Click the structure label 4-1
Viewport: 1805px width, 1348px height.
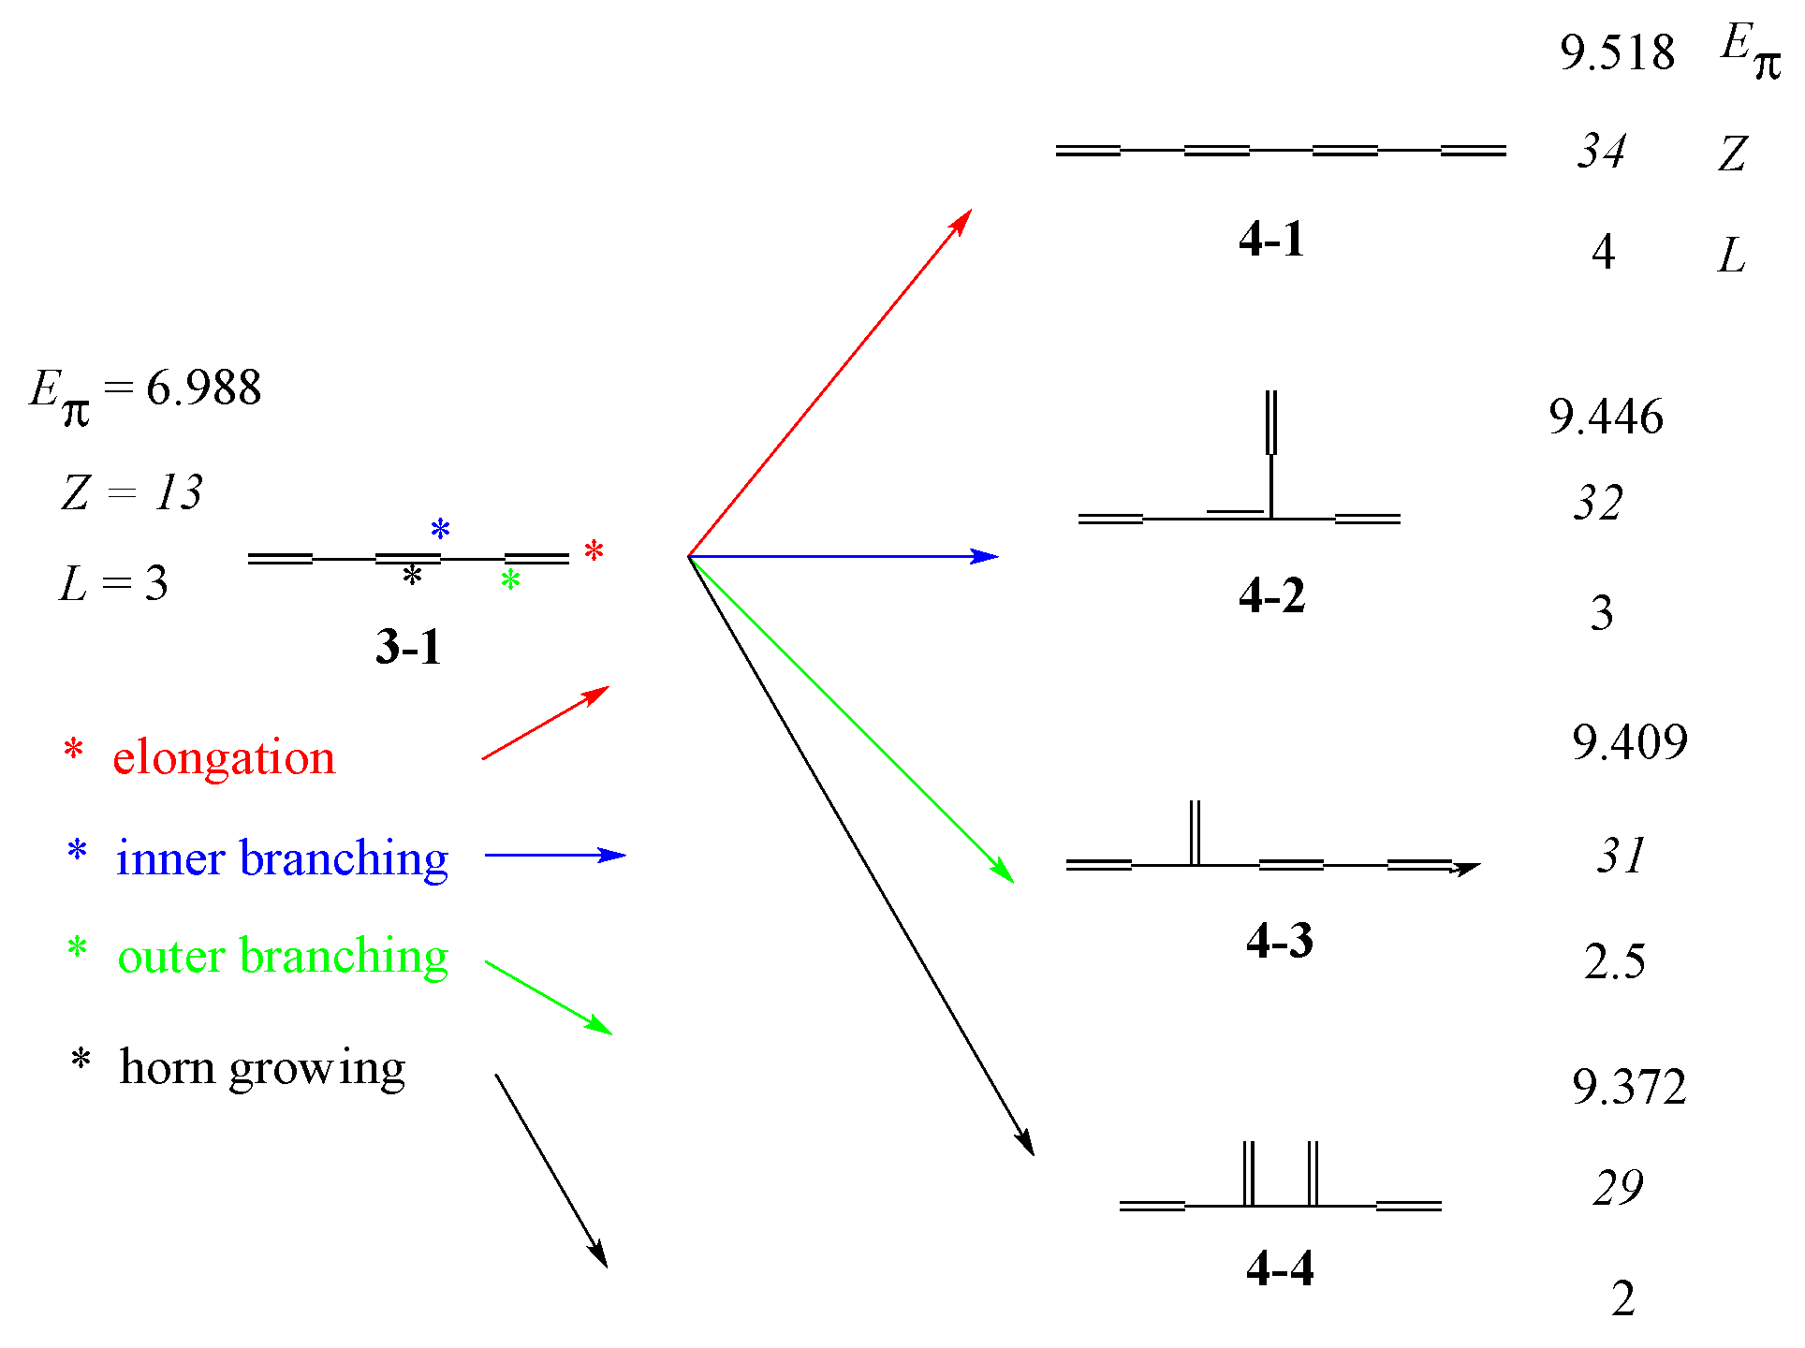(x=1270, y=239)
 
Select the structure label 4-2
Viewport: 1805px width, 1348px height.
(x=1270, y=595)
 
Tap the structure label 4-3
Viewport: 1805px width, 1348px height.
(x=1279, y=940)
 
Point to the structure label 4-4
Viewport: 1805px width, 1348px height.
(x=1279, y=1269)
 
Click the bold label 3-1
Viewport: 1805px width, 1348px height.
(x=407, y=647)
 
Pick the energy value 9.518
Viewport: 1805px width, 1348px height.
(x=1617, y=52)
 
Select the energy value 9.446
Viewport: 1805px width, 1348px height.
(x=1606, y=417)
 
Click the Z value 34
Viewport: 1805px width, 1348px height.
(x=1601, y=152)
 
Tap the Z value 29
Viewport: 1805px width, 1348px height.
(x=1618, y=1188)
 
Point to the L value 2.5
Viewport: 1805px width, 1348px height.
(x=1614, y=961)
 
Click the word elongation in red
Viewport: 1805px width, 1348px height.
(x=224, y=757)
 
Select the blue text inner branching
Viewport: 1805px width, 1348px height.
(x=282, y=857)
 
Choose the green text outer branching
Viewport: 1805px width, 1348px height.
(x=283, y=956)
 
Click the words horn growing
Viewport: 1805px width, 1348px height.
(x=262, y=1067)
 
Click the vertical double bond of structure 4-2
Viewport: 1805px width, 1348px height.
(x=1270, y=423)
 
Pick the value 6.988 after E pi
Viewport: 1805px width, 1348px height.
(x=203, y=388)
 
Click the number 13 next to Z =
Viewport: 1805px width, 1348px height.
(x=179, y=492)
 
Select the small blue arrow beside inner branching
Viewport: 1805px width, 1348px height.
(x=554, y=855)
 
